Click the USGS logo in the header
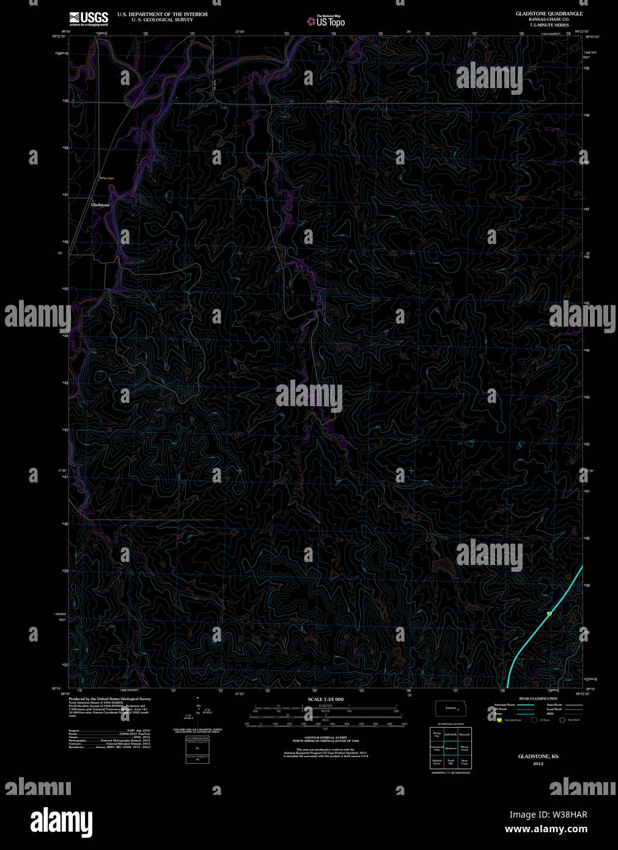click(x=89, y=18)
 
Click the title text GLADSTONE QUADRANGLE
click(x=549, y=13)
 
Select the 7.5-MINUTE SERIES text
click(x=549, y=25)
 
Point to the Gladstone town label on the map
click(x=100, y=205)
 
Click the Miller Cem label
click(x=107, y=178)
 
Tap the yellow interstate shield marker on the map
click(x=549, y=613)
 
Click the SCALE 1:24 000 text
click(x=325, y=699)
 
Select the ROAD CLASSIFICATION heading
click(x=538, y=698)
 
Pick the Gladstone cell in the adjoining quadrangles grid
click(x=451, y=748)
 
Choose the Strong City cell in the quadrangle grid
click(x=436, y=734)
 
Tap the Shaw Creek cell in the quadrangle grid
click(x=465, y=762)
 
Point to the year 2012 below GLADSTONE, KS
click(x=538, y=764)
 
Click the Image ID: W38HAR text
click(x=548, y=815)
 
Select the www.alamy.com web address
click(x=548, y=830)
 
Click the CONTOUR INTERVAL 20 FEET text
click(x=325, y=739)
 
